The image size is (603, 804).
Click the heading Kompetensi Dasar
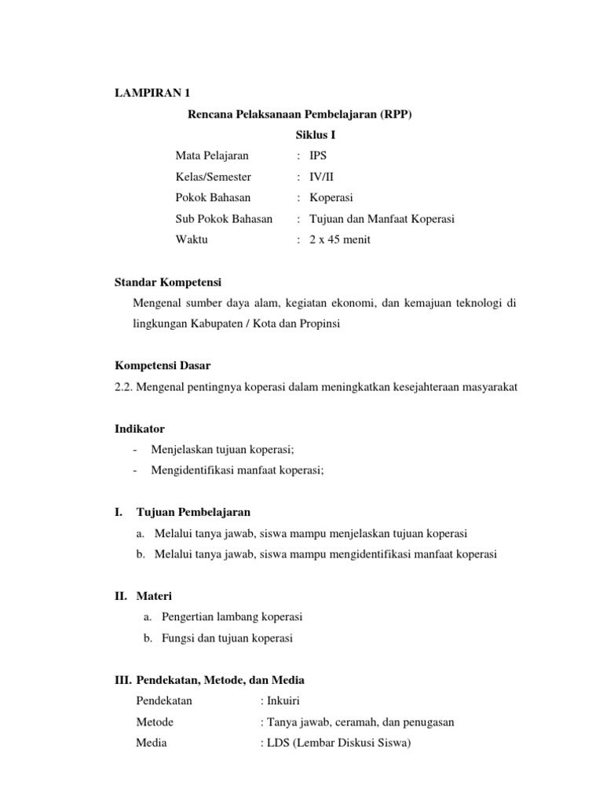[x=163, y=366]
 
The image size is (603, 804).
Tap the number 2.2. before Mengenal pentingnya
[x=126, y=386]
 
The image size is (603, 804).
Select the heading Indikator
[x=140, y=428]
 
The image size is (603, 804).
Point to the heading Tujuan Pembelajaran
[x=193, y=512]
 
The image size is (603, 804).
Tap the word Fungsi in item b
[x=171, y=638]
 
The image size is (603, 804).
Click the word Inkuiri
[x=283, y=700]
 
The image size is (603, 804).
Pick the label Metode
[x=155, y=722]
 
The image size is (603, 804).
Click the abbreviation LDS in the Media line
[x=279, y=743]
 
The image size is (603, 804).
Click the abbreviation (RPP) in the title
[x=395, y=115]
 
